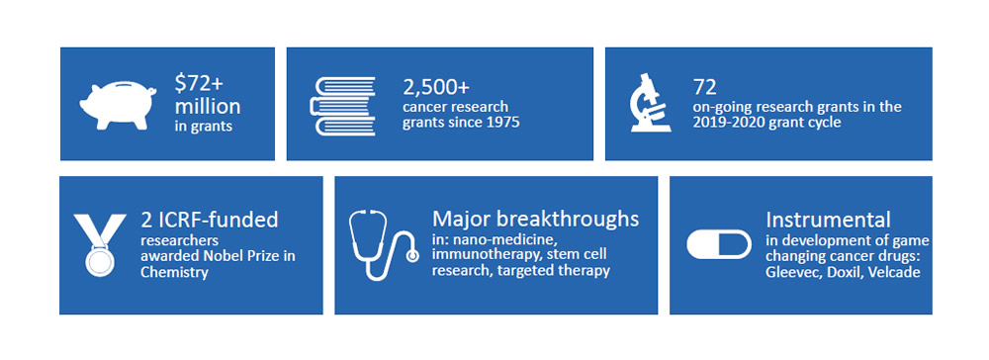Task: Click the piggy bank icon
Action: point(119,104)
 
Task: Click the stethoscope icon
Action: point(383,244)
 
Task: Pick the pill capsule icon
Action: point(719,244)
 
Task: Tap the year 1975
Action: point(503,122)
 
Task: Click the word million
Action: point(208,106)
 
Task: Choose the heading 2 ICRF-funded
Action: point(210,220)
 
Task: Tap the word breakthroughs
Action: point(571,220)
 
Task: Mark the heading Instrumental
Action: point(828,220)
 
